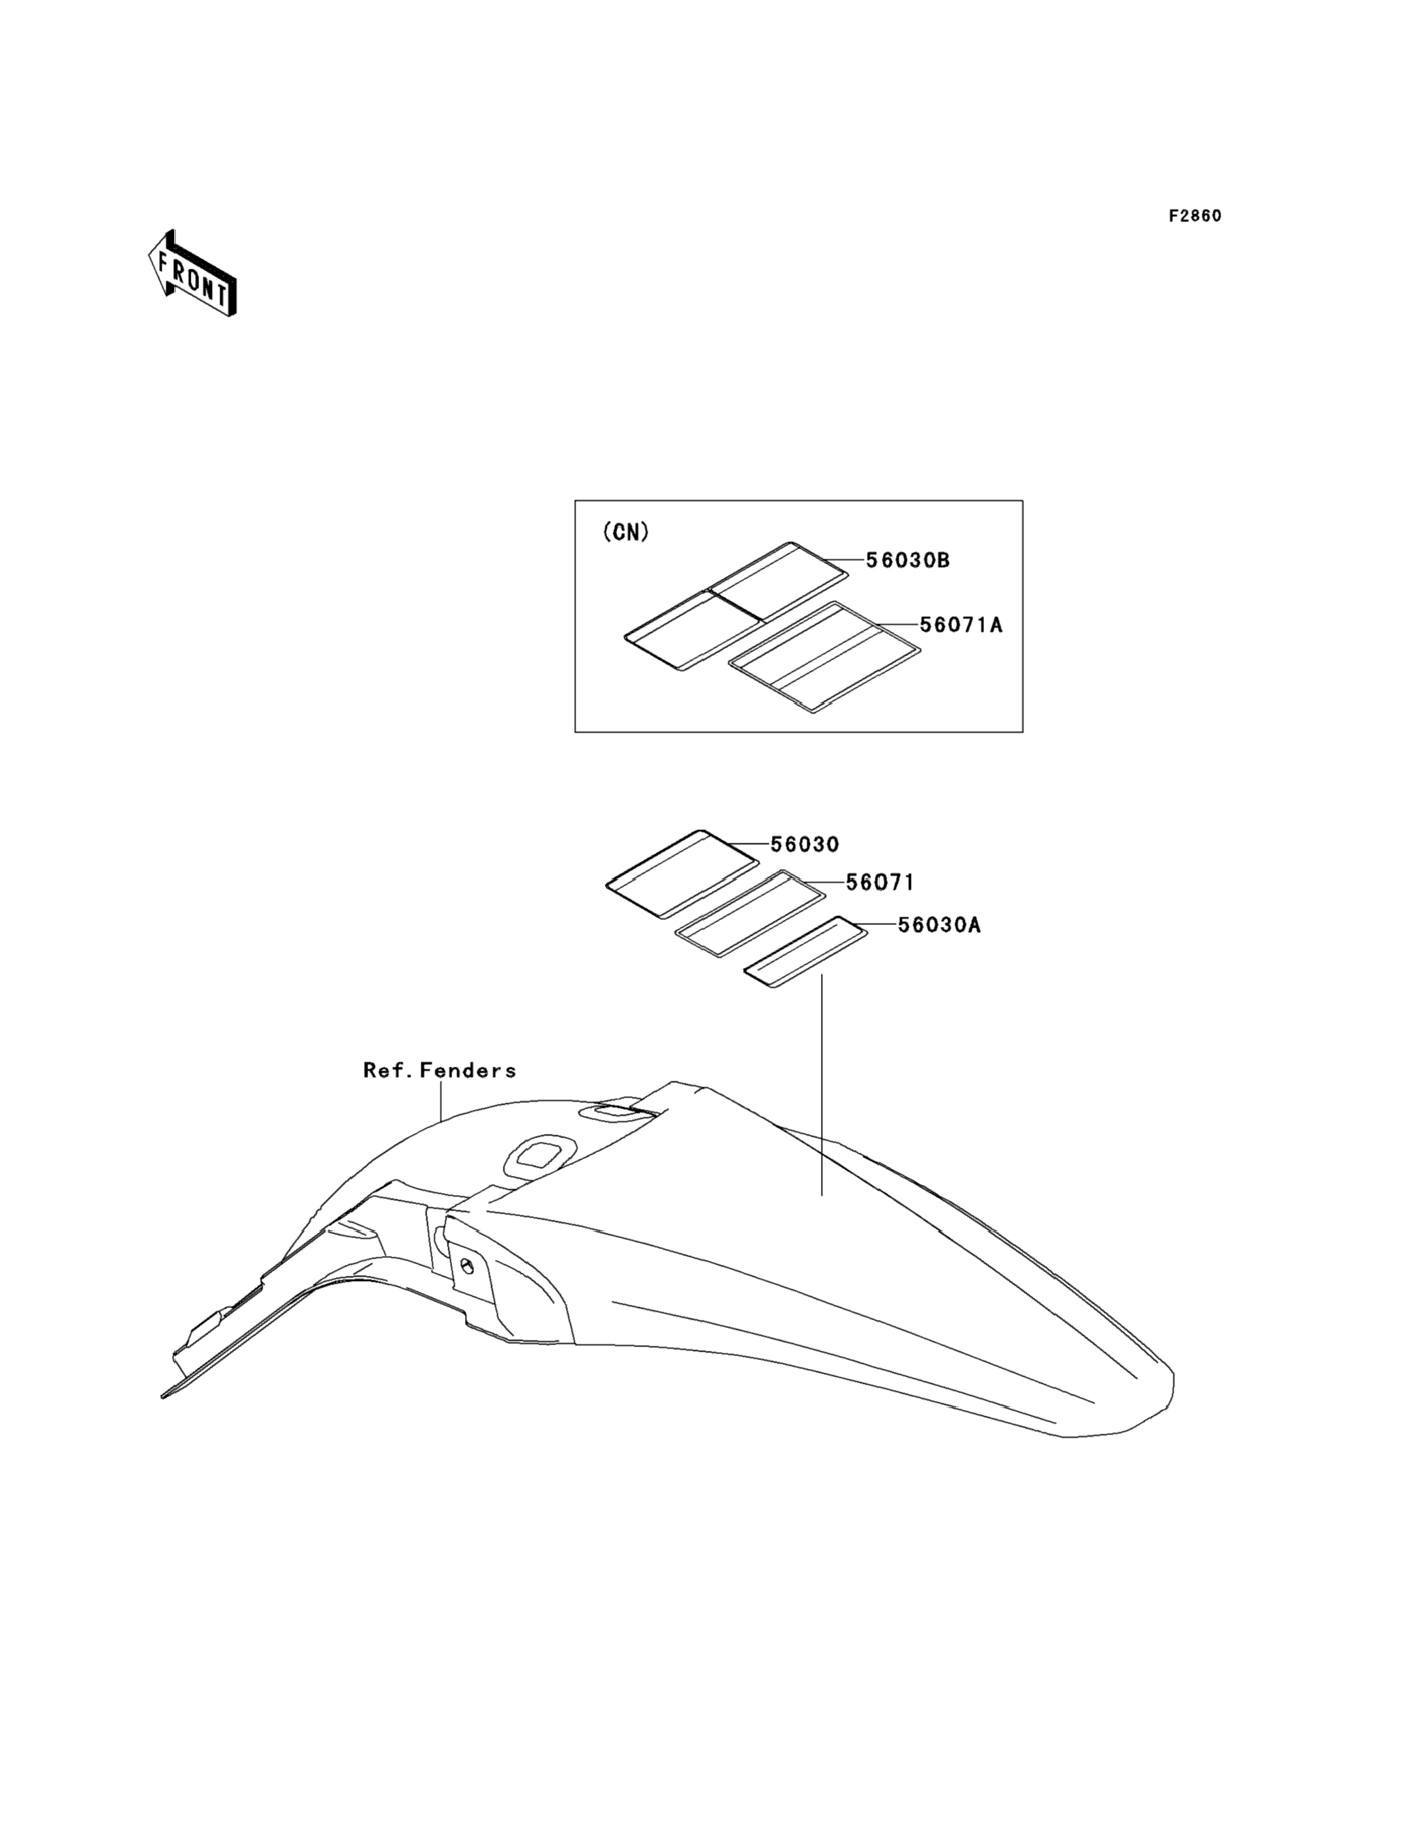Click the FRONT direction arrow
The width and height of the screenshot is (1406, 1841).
(x=192, y=274)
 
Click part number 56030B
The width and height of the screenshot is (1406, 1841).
(x=907, y=560)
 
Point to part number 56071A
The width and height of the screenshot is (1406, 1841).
(x=961, y=625)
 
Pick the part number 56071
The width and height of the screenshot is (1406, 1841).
(x=880, y=883)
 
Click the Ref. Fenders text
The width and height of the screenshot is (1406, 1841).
(x=439, y=1070)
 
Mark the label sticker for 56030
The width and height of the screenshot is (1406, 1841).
(x=682, y=872)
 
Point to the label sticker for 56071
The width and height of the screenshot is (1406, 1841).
(x=750, y=913)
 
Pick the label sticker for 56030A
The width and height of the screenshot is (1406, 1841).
(x=806, y=952)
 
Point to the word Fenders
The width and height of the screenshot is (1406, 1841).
(x=468, y=1070)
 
